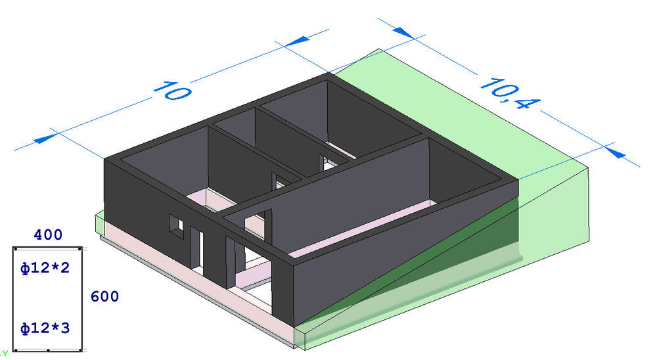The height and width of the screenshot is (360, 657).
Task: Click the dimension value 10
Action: coord(173,91)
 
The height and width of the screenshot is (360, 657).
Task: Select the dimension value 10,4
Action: coord(510,94)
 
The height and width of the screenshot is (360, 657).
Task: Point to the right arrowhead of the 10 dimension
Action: coord(298,41)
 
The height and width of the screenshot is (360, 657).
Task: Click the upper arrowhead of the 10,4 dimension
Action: coord(404,32)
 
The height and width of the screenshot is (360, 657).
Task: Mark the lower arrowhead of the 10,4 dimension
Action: coord(615,152)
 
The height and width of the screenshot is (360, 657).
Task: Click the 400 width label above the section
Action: coord(48,235)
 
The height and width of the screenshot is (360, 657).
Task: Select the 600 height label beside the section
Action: coord(104,297)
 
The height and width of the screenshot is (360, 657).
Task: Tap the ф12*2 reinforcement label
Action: coord(45,267)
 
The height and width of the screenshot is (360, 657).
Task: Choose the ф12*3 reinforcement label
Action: coord(45,328)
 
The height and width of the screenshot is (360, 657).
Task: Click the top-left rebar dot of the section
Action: coord(16,249)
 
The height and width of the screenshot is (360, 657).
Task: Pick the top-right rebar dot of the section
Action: coord(80,249)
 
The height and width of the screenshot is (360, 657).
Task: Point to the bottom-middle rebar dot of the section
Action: coord(48,350)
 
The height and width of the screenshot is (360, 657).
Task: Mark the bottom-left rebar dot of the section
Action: coord(16,350)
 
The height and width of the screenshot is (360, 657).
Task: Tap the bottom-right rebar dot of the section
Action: coord(80,350)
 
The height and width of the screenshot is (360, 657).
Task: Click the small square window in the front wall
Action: coord(176,227)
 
